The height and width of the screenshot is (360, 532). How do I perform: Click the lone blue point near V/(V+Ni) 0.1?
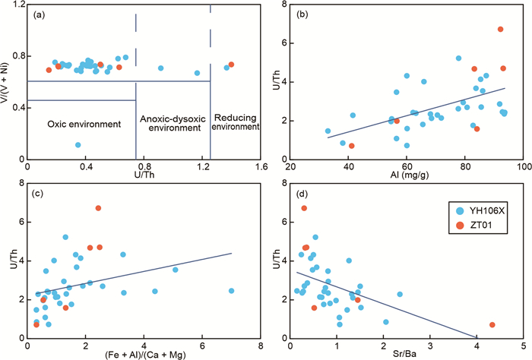[78, 144]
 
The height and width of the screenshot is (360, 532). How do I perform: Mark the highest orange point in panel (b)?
[501, 29]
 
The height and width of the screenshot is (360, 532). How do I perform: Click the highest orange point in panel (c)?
[99, 208]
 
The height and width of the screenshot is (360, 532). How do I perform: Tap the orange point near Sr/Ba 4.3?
[492, 325]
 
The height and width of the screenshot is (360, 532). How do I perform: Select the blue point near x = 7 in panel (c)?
[232, 291]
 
